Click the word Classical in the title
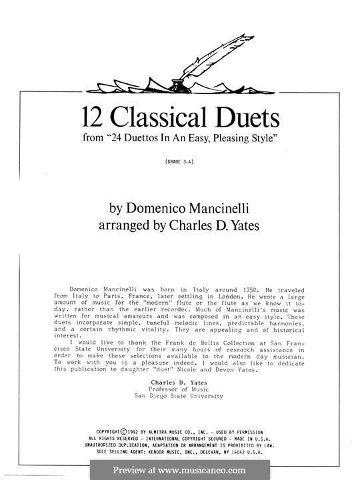[x=158, y=119]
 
